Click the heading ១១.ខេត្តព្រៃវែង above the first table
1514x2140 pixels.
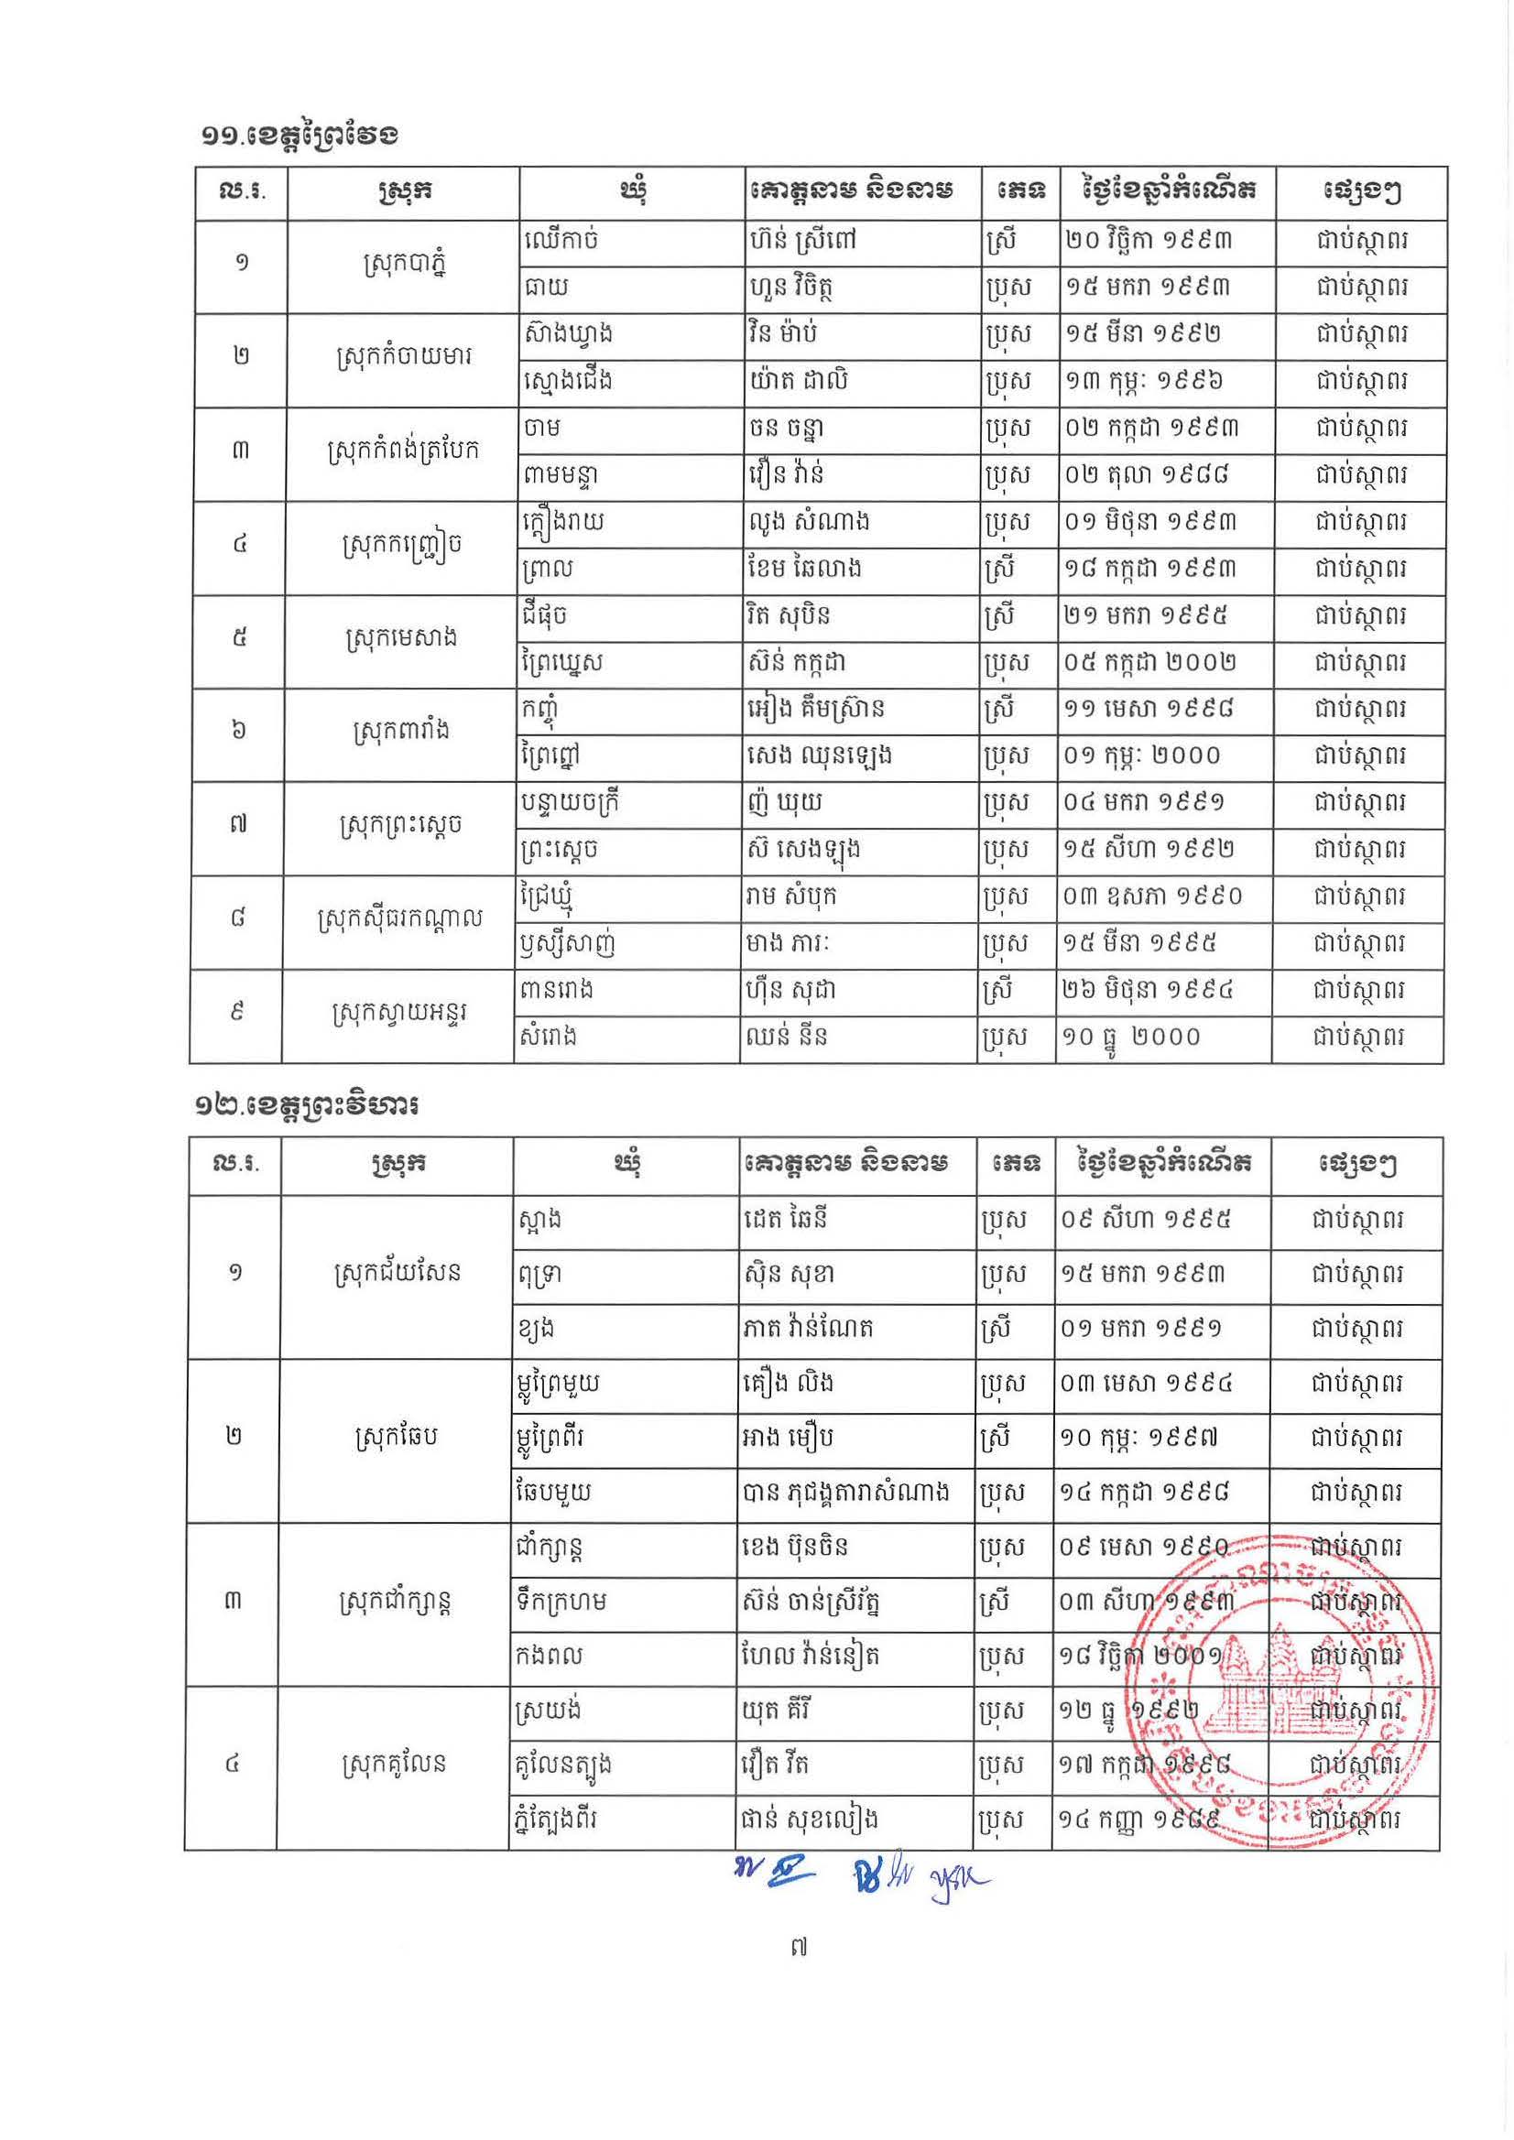300,136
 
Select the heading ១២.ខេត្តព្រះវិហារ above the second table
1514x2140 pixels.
307,1106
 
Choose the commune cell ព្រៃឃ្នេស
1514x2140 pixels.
565,664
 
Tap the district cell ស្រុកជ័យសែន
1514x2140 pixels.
398,1273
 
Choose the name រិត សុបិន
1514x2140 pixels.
789,616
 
